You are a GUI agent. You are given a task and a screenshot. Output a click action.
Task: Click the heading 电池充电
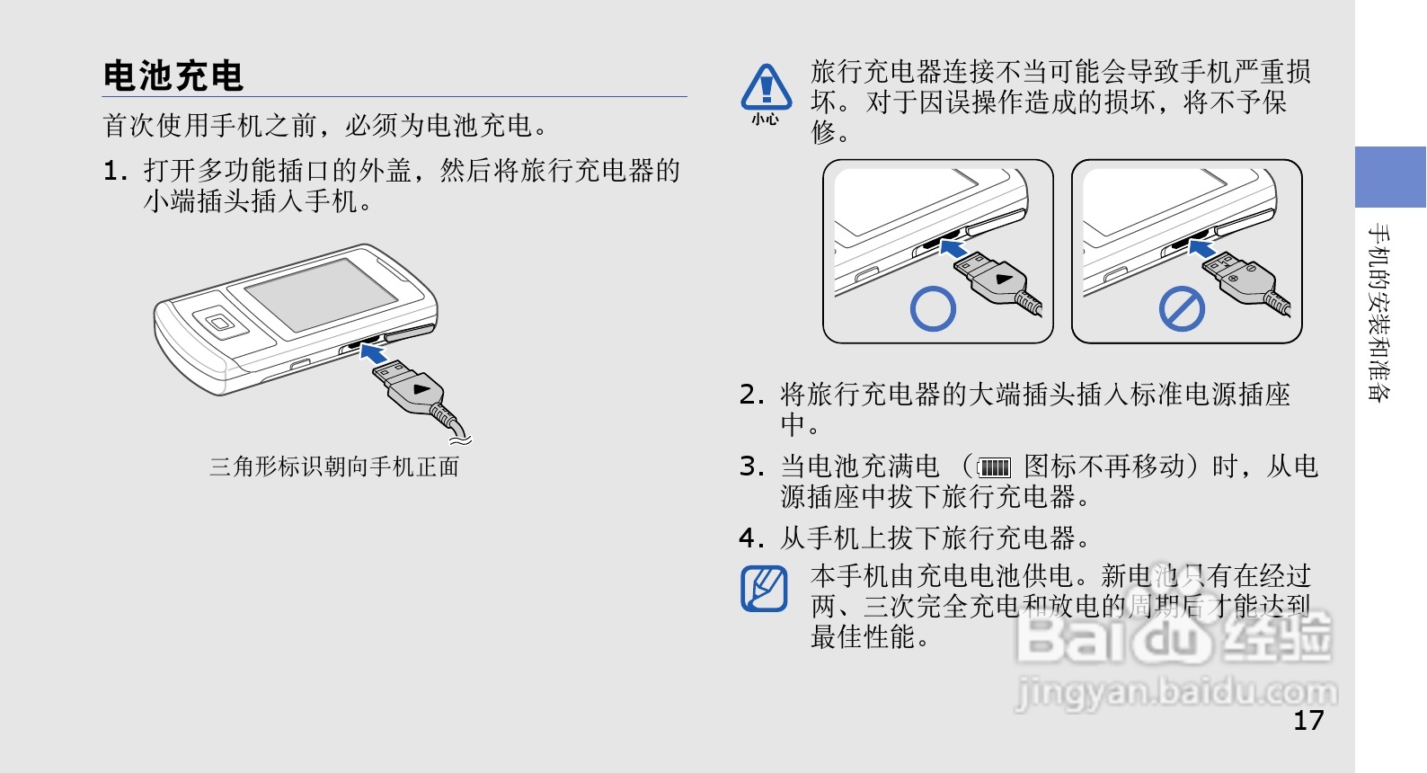tap(173, 76)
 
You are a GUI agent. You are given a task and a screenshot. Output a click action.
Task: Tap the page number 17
tap(1307, 720)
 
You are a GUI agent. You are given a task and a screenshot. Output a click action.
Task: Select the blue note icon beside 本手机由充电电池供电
tap(764, 589)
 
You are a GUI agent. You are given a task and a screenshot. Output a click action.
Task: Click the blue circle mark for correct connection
tap(933, 308)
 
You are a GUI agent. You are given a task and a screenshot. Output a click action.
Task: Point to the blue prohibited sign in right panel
tap(1181, 308)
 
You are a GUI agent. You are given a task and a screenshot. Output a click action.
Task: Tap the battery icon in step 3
tap(994, 467)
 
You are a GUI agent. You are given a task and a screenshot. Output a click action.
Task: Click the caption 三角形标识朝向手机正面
tap(334, 466)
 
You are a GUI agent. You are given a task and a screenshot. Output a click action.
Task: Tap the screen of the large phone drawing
tap(320, 293)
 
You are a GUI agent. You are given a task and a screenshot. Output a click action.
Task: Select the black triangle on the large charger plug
tap(421, 388)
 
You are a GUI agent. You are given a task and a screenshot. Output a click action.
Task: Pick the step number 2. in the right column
tap(751, 394)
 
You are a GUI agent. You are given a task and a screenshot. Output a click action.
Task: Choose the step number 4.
tap(751, 538)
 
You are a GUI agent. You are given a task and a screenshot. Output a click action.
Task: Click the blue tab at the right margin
tap(1389, 177)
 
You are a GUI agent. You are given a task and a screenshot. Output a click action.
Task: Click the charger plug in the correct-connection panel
tap(997, 279)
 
